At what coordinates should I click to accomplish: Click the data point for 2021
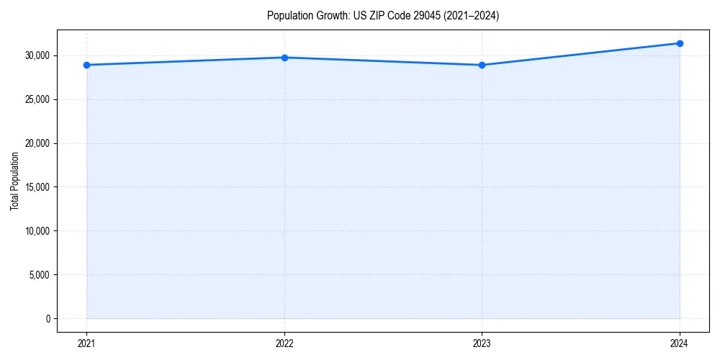tap(86, 65)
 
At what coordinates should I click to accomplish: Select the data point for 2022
tap(284, 58)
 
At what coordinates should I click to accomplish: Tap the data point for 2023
tap(482, 65)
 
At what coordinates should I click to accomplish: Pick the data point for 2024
tap(680, 43)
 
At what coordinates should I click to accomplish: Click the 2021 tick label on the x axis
tap(86, 343)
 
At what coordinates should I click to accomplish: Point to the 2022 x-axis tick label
tap(284, 343)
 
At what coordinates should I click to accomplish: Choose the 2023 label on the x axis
tap(482, 343)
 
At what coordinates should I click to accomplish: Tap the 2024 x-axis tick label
tap(680, 343)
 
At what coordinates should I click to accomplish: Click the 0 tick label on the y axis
tap(48, 319)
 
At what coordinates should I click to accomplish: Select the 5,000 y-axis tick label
tap(40, 275)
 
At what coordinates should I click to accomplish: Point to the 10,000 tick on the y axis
tap(38, 231)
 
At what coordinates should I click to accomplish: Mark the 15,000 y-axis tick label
tap(38, 187)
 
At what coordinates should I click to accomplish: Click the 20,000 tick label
tap(38, 143)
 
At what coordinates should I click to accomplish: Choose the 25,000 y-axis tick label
tap(38, 99)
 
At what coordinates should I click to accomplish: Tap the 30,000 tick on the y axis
tap(38, 55)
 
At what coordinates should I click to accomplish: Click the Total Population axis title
tap(14, 181)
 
